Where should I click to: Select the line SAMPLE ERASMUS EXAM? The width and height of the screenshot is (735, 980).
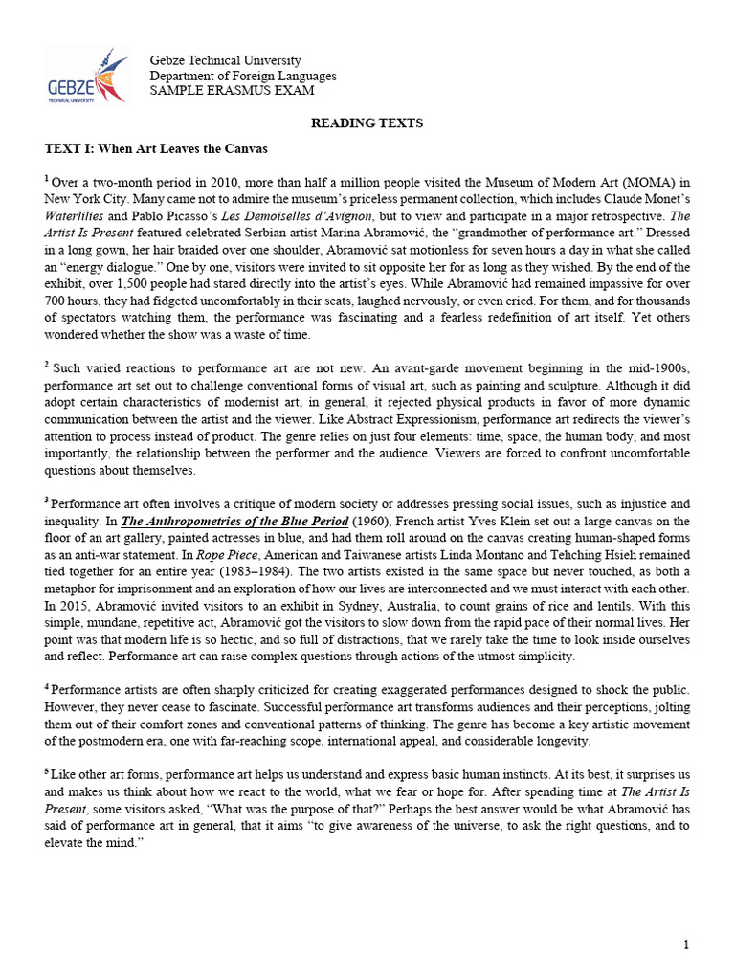(232, 91)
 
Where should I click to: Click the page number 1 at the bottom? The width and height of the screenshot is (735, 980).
(686, 947)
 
